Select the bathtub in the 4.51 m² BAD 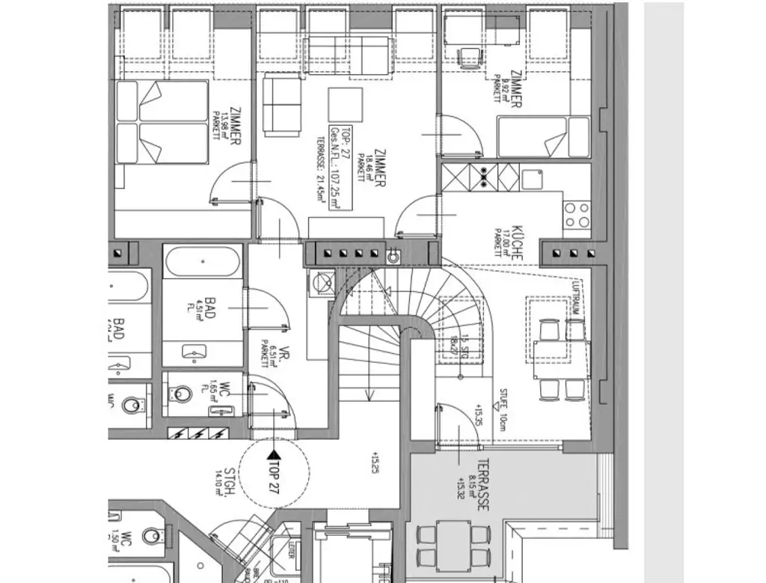pyautogui.click(x=203, y=263)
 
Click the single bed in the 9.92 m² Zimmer pyautogui.click(x=542, y=137)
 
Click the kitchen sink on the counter pyautogui.click(x=533, y=180)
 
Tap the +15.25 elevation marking pyautogui.click(x=373, y=463)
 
